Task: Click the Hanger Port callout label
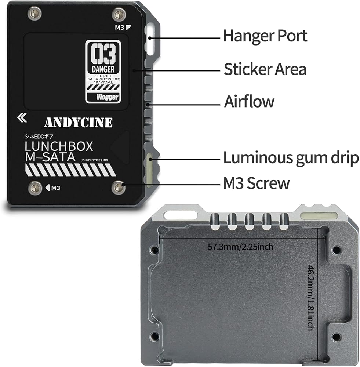(x=265, y=36)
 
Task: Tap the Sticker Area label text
(x=265, y=69)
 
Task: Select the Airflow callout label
(x=249, y=102)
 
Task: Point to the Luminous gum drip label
(x=291, y=158)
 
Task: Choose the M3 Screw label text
(x=256, y=183)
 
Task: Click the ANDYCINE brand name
(x=78, y=123)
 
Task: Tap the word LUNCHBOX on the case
(x=59, y=146)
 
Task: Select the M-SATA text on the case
(x=50, y=157)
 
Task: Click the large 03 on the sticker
(x=103, y=55)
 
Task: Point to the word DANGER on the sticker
(x=103, y=69)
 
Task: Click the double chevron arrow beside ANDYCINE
(x=22, y=117)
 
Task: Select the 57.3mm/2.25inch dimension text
(x=241, y=247)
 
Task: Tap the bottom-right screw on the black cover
(x=118, y=188)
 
